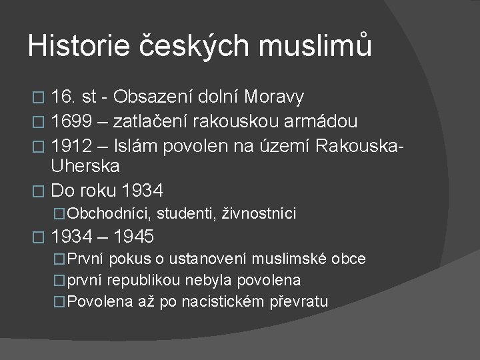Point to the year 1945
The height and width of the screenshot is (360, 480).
click(134, 237)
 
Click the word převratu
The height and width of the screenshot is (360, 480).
click(299, 302)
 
